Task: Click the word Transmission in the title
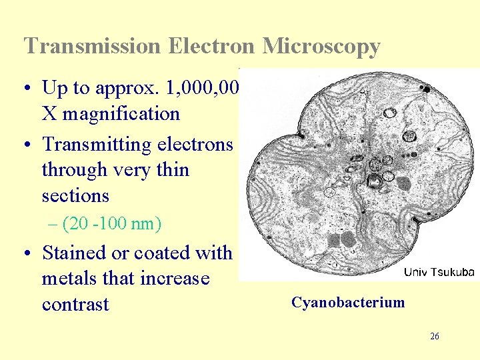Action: pyautogui.click(x=92, y=46)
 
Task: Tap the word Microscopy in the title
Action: pyautogui.click(x=321, y=46)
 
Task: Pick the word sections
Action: pyautogui.click(x=75, y=196)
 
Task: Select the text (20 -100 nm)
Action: pyautogui.click(x=111, y=223)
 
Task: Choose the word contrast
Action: pyautogui.click(x=75, y=305)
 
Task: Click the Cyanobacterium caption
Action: pyautogui.click(x=348, y=303)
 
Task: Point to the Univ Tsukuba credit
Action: pyautogui.click(x=439, y=272)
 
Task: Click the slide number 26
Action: pyautogui.click(x=435, y=337)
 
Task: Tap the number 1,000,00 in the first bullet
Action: pyautogui.click(x=206, y=88)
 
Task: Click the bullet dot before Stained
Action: pyautogui.click(x=29, y=253)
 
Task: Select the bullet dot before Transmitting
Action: pyautogui.click(x=29, y=145)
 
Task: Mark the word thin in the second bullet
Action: pyautogui.click(x=173, y=170)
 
